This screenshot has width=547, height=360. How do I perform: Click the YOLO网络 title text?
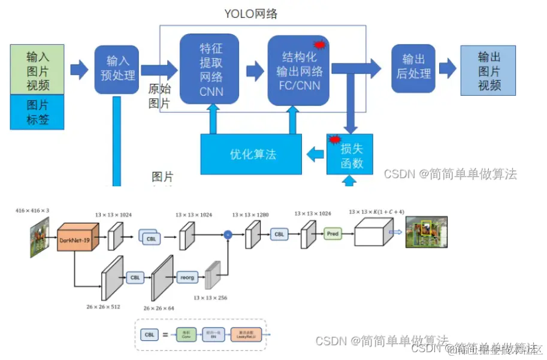click(x=251, y=13)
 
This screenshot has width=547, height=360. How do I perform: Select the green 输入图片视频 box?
click(x=38, y=71)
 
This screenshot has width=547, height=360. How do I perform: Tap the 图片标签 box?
click(x=38, y=112)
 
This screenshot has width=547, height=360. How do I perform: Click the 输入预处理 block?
click(x=117, y=68)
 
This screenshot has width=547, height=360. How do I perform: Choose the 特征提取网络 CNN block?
click(x=209, y=69)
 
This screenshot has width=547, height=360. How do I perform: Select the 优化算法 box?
click(x=252, y=154)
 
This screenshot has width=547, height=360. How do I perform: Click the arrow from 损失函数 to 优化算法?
click(x=314, y=155)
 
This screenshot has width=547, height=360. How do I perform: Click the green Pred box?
click(x=333, y=234)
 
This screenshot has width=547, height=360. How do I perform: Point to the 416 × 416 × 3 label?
click(x=33, y=211)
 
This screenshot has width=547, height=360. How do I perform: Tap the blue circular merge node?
click(x=228, y=235)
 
